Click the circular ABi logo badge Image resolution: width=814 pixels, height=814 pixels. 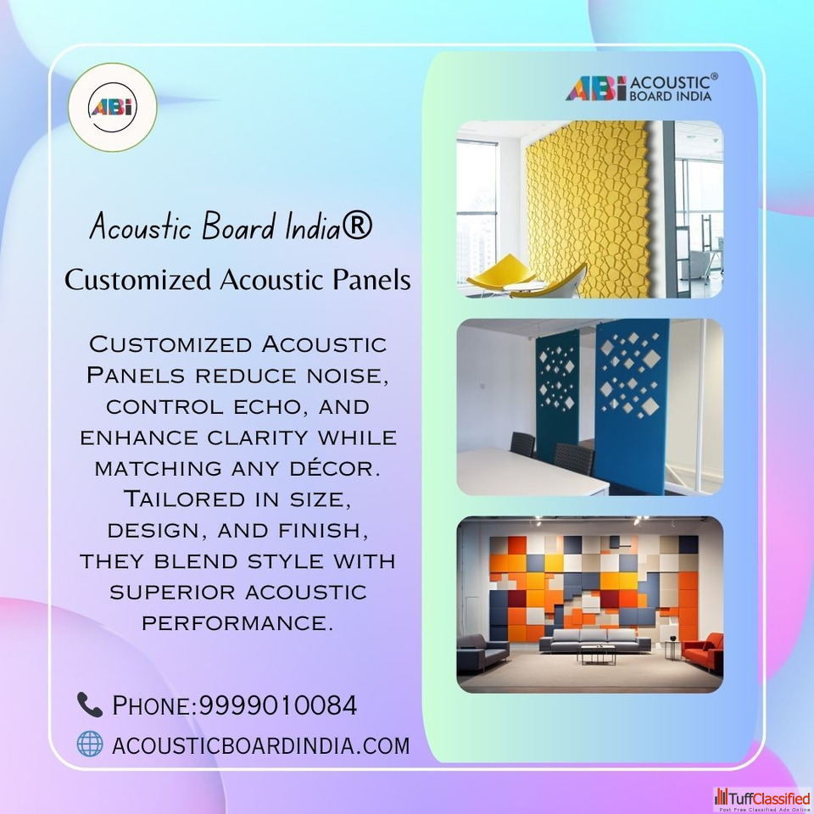point(112,108)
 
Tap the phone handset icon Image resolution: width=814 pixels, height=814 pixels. point(90,705)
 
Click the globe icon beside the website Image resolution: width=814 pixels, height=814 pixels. point(90,744)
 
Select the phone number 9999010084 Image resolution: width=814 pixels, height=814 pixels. point(278,705)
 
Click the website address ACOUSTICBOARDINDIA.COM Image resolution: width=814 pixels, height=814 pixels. point(260,745)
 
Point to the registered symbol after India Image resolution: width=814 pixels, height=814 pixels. point(357,226)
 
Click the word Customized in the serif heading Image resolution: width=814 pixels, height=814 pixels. point(137,279)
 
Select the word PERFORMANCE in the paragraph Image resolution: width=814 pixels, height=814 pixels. point(237,622)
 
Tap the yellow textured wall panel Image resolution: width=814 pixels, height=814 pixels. point(588,209)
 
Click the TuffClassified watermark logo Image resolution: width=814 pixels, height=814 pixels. point(762,799)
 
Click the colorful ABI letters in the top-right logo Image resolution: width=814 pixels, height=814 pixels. point(596,88)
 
